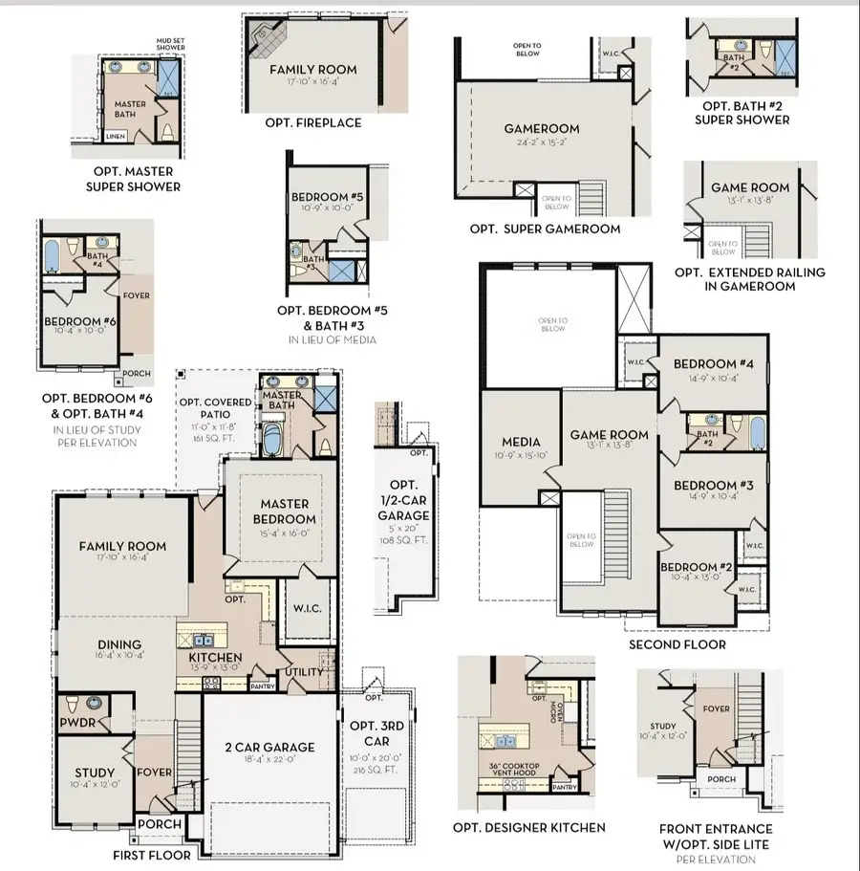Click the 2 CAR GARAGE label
(269, 747)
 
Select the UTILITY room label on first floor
(304, 672)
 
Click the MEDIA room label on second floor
(521, 442)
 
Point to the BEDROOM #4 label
(712, 364)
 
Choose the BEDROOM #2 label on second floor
(696, 567)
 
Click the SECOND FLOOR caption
(677, 644)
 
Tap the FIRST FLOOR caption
(152, 855)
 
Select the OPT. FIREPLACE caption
(312, 123)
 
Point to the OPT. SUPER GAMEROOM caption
(545, 229)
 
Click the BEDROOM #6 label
(79, 323)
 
